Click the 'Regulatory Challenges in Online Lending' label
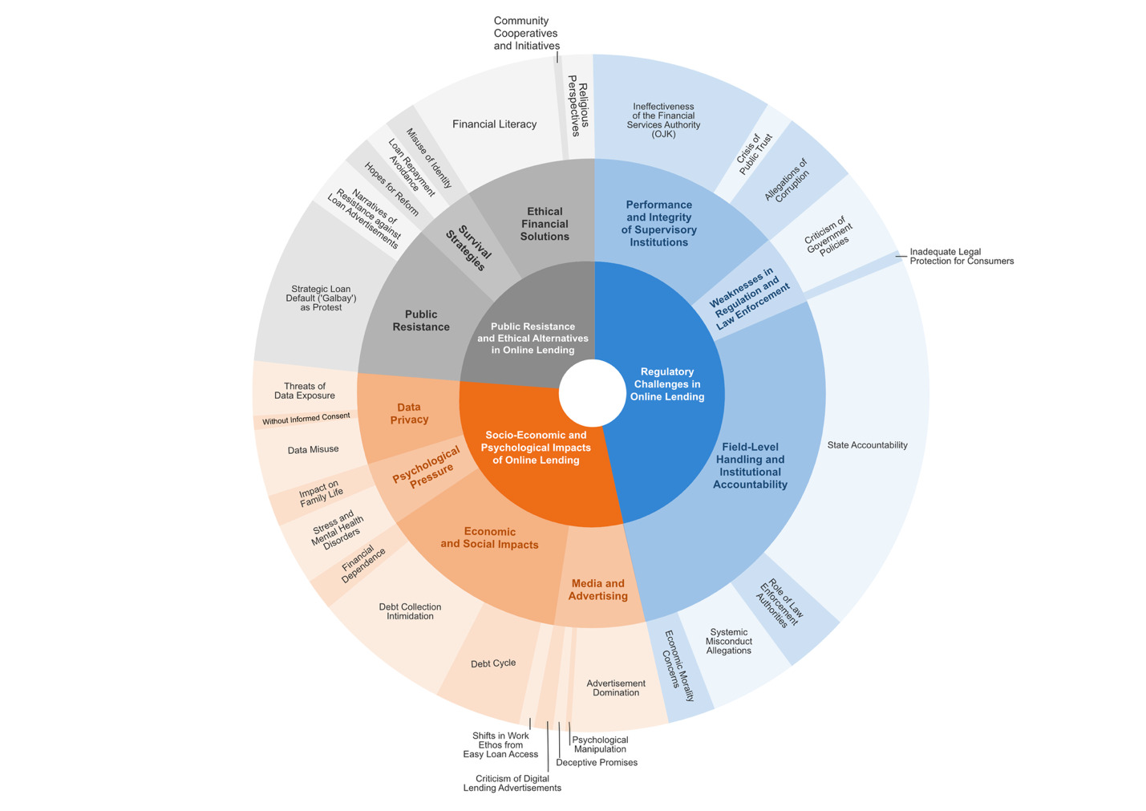pos(666,384)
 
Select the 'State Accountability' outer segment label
pos(867,445)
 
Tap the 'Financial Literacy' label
pos(494,124)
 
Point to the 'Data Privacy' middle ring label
pos(409,414)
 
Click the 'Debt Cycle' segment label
pos(493,663)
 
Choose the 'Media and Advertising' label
pos(598,590)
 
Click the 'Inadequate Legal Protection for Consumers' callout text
pos(961,257)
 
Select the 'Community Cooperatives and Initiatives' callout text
pos(526,34)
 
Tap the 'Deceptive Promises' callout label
pos(596,763)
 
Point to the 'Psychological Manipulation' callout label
pos(600,744)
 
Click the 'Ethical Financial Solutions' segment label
pos(545,224)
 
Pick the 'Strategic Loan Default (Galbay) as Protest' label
pos(321,298)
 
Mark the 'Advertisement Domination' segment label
pos(616,687)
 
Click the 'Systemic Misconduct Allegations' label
pos(728,641)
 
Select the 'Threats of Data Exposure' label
pos(304,391)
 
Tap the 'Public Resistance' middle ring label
pos(421,320)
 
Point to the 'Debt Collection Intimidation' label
pos(410,611)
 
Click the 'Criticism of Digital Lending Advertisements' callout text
pos(512,783)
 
